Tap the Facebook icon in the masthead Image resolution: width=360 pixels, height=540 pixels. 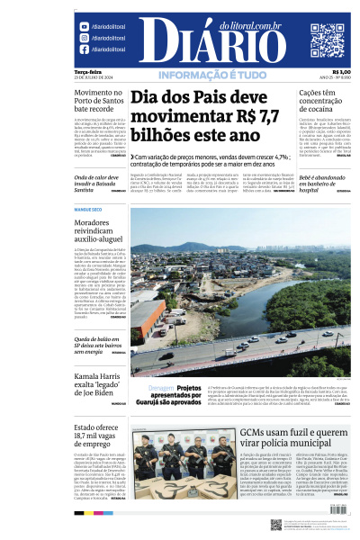pos(85,50)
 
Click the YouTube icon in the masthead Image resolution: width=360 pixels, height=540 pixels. pos(85,27)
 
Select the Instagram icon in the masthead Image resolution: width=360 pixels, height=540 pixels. pos(85,39)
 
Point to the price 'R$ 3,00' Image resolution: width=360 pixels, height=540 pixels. pos(341,72)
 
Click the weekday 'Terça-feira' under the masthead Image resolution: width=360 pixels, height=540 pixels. pos(87,72)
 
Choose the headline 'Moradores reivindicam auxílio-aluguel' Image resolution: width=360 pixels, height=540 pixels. pos(98,232)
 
